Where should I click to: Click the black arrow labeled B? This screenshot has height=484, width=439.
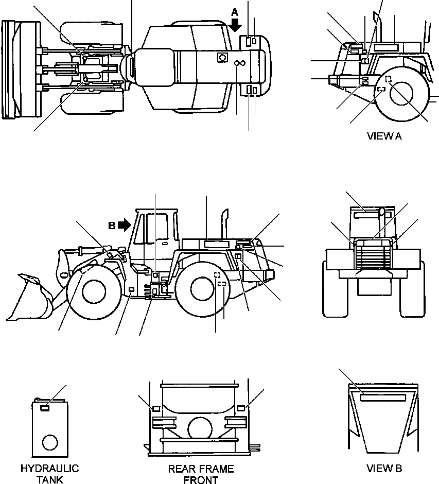point(124,224)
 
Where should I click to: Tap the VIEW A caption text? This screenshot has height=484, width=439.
point(384,136)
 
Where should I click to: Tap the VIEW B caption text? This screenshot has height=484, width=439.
point(384,468)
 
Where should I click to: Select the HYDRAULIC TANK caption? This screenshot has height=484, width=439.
point(50,474)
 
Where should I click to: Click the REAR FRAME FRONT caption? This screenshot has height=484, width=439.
point(201,474)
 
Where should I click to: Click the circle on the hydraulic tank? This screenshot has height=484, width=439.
point(50,442)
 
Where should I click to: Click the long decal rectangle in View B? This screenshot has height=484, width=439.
point(383,397)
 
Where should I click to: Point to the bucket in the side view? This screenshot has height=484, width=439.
point(31,301)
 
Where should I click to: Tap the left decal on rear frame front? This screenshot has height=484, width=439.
point(155,408)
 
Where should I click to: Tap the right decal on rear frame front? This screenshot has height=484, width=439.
point(240,408)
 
